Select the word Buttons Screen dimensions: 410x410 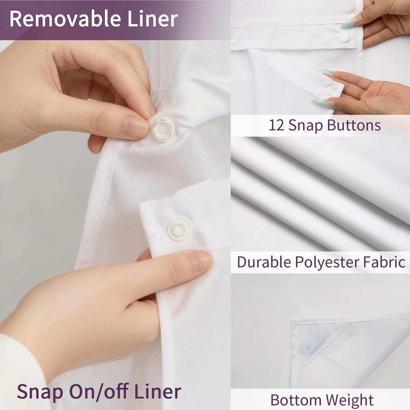[354, 125]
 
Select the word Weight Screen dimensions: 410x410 [350, 401]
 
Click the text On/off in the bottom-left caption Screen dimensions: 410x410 [100, 391]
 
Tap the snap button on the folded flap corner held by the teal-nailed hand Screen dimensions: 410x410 [328, 92]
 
